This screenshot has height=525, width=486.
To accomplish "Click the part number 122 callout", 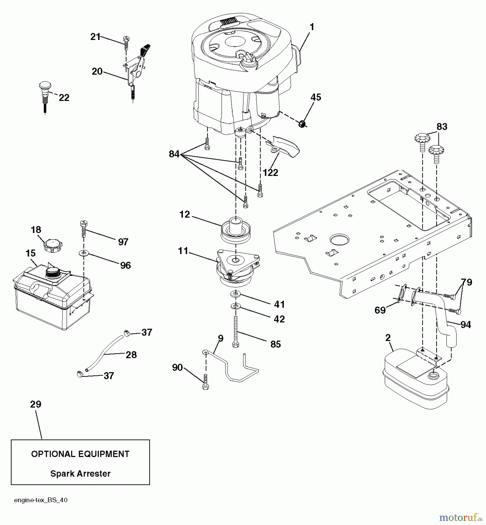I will point(270,173).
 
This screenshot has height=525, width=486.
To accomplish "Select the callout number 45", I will point(316,97).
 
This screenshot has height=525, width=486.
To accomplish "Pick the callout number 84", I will point(174,154).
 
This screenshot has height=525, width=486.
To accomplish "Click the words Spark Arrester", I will point(80,473).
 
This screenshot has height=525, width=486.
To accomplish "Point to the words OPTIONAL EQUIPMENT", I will point(80,454).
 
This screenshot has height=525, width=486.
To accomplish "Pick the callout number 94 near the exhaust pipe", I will point(465,324).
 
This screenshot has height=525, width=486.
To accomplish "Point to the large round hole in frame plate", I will point(340,239).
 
